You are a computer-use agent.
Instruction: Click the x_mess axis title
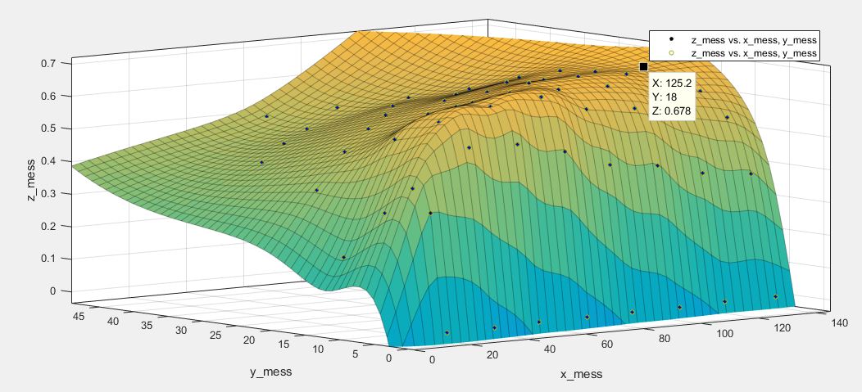pos(582,374)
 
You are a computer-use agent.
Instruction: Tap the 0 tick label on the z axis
pos(53,291)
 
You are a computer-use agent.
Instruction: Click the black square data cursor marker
pos(643,66)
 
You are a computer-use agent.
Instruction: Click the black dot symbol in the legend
pos(671,39)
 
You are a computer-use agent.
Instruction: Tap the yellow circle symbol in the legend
pos(671,53)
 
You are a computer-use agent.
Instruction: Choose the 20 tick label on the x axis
pos(492,354)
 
